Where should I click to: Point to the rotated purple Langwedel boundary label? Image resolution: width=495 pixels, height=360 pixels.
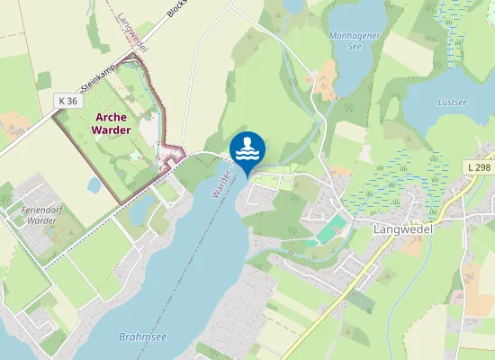tap(132, 31)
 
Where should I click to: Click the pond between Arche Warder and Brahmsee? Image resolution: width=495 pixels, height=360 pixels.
tap(141, 211)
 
